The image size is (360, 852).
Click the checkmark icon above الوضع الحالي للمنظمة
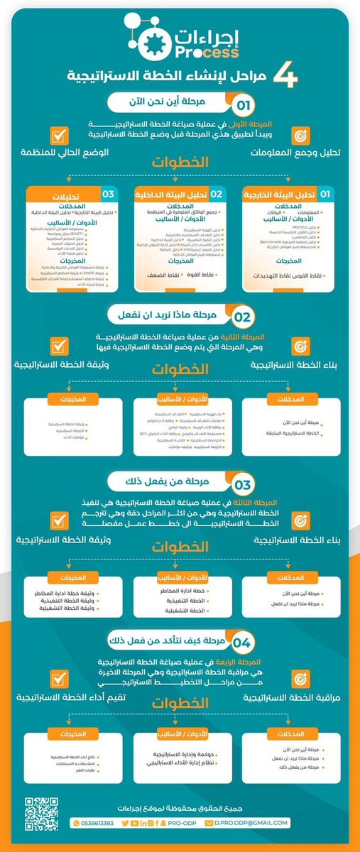click(x=60, y=135)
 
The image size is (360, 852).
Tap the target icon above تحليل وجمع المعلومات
click(x=299, y=135)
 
